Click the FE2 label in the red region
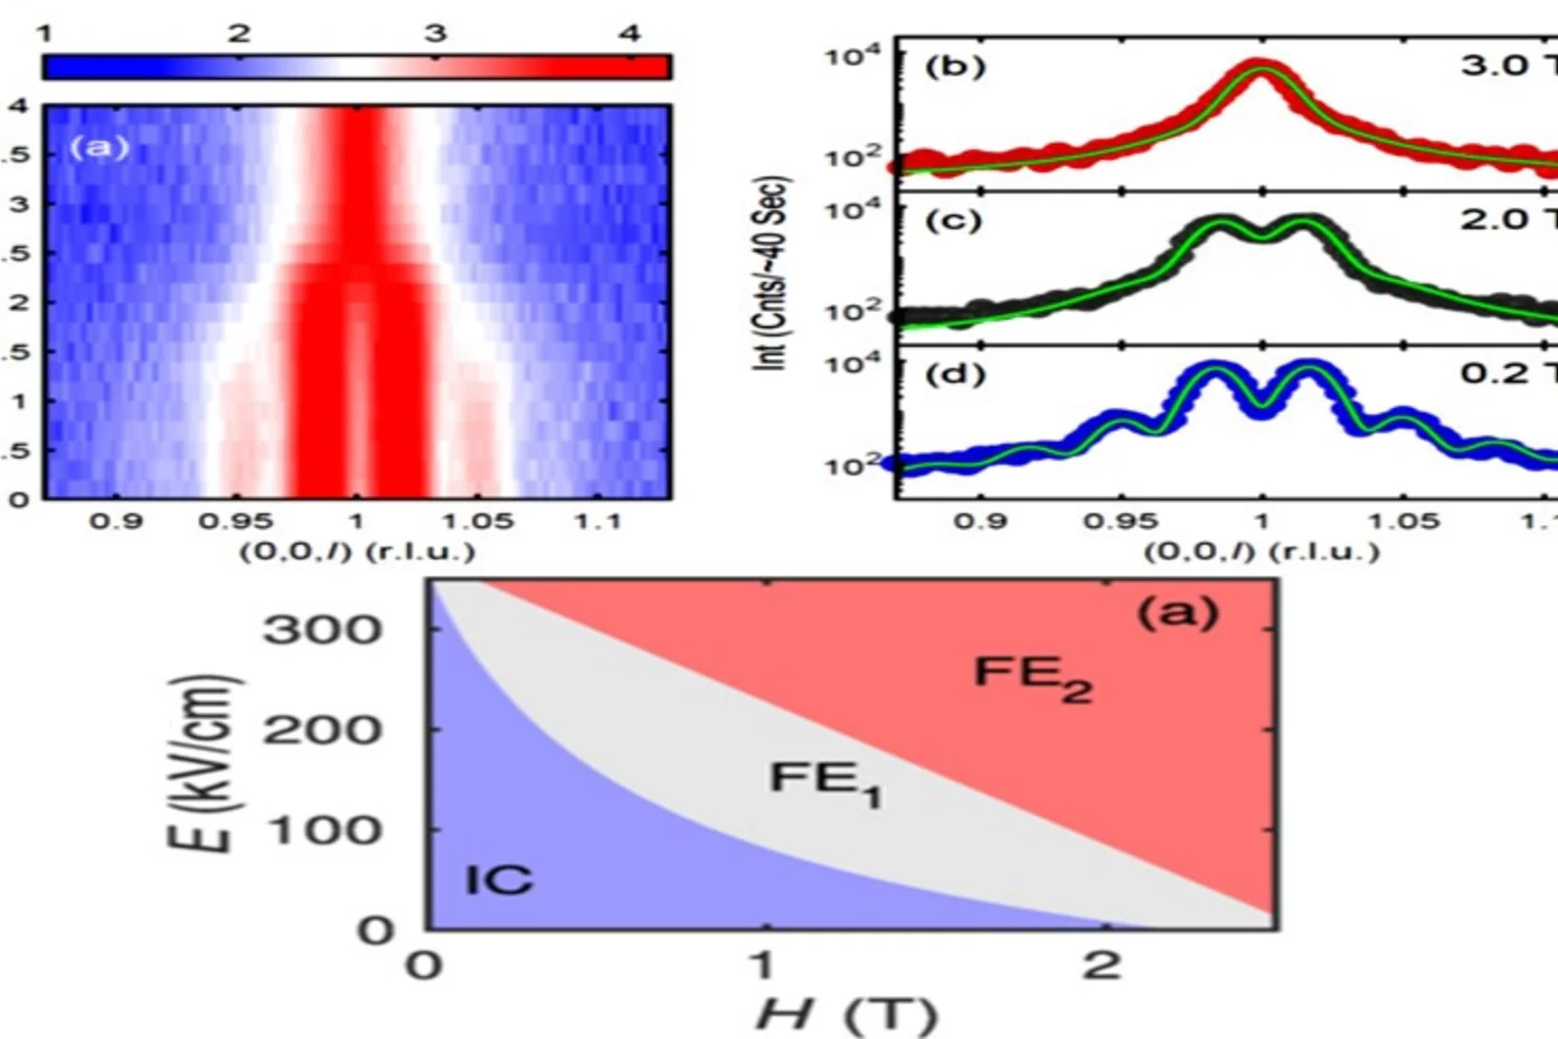pos(1031,678)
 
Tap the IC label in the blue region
pos(498,880)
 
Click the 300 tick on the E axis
pos(322,629)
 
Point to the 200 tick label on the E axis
pos(322,730)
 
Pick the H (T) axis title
pos(847,1014)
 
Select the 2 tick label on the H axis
pos(1103,965)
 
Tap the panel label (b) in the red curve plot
pos(955,67)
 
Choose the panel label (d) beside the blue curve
pos(955,374)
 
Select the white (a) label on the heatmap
pos(99,148)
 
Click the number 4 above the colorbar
pos(629,34)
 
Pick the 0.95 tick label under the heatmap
pos(235,521)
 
